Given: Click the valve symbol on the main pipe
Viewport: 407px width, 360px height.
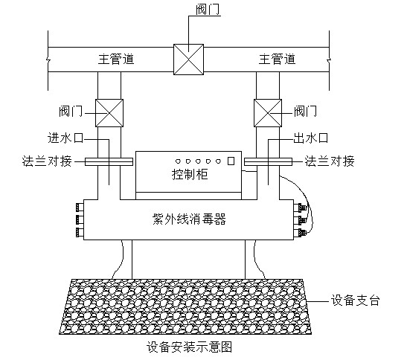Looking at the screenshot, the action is (x=188, y=60).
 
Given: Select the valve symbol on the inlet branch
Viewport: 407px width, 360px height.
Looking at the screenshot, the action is (x=109, y=113).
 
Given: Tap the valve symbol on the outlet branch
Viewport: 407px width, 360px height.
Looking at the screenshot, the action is (x=268, y=113).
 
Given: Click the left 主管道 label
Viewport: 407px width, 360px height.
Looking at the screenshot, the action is (x=116, y=60).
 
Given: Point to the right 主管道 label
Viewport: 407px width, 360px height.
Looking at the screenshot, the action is (x=277, y=60).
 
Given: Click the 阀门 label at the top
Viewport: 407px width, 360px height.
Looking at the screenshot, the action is (x=208, y=10).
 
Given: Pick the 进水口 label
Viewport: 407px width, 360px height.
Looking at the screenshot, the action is (x=65, y=138).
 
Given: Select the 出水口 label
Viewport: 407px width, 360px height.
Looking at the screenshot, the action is (x=311, y=138).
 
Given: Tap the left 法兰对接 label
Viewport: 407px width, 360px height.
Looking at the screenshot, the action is (x=47, y=161).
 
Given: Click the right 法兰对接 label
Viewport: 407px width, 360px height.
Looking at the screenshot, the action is (x=330, y=161).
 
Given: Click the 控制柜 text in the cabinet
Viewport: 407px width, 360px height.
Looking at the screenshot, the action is (x=190, y=174).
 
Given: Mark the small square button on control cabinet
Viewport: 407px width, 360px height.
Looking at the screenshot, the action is (x=231, y=161).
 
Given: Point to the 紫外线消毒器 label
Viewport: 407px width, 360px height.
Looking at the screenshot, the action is (x=189, y=219).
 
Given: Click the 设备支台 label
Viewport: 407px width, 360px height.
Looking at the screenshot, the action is (x=356, y=300).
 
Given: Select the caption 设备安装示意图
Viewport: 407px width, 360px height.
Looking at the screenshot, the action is (x=189, y=347).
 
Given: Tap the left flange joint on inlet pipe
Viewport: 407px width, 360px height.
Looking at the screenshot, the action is (x=109, y=161).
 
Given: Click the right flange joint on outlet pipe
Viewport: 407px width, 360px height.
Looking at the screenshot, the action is (x=268, y=161).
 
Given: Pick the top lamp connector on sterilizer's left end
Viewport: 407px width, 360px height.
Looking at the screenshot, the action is (x=80, y=208).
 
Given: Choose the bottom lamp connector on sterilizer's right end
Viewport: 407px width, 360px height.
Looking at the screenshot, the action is (x=299, y=232).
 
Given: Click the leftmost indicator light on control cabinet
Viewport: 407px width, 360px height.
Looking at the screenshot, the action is (x=178, y=161).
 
